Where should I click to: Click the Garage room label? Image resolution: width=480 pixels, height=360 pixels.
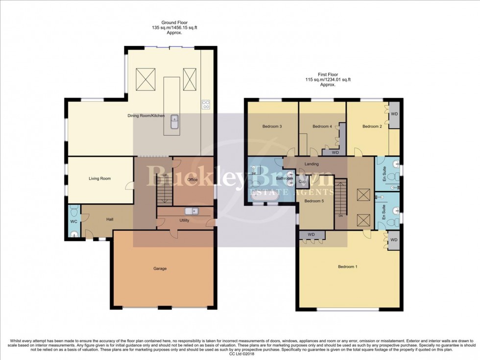(160, 268)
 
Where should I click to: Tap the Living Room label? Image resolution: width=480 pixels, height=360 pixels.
(99, 179)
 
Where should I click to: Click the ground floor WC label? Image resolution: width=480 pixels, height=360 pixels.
(73, 221)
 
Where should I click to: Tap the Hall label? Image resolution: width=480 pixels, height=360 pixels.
(109, 219)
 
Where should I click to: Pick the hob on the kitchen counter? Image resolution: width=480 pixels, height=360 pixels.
(206, 104)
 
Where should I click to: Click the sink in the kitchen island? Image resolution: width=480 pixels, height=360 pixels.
(174, 121)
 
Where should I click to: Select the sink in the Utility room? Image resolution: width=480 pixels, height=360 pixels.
(191, 211)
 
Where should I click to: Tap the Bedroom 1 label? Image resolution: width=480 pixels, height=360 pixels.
(348, 267)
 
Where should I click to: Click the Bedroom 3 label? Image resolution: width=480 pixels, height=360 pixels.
(272, 127)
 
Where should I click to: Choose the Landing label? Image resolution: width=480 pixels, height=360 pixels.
(312, 164)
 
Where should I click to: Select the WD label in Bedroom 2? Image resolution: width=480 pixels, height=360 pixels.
(394, 115)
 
